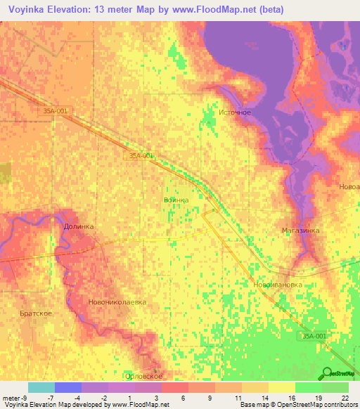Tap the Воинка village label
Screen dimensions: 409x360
pyautogui.click(x=176, y=200)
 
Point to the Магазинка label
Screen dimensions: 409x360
pyautogui.click(x=300, y=230)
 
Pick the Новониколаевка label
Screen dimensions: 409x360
pyautogui.click(x=117, y=301)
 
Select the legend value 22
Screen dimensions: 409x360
pyautogui.click(x=345, y=397)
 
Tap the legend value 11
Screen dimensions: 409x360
pyautogui.click(x=238, y=397)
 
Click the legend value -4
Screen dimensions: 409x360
pyautogui.click(x=77, y=397)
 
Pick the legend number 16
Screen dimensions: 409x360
pyautogui.click(x=291, y=397)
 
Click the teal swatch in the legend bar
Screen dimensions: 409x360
pyautogui.click(x=41, y=387)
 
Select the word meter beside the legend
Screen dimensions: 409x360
pyautogui.click(x=12, y=397)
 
